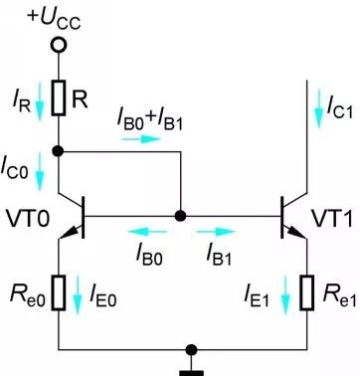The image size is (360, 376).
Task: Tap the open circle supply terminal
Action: [x=59, y=45]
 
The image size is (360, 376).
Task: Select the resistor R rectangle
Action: [x=59, y=97]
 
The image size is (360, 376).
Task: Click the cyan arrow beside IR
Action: [x=40, y=101]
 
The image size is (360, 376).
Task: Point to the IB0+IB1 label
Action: [x=150, y=120]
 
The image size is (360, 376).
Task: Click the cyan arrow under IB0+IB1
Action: [x=141, y=139]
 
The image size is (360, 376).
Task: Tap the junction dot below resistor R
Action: [x=58, y=151]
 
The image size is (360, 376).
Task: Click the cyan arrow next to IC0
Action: [x=40, y=171]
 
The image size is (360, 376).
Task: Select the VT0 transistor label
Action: [x=28, y=220]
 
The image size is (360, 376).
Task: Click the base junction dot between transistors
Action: [x=180, y=216]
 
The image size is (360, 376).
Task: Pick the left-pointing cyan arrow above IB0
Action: [x=147, y=232]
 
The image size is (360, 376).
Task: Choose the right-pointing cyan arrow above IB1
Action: [x=216, y=232]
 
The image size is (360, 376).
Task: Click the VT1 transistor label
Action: [x=331, y=219]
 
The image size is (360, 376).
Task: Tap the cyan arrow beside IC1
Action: [x=318, y=108]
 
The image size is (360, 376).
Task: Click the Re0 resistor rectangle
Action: [x=59, y=292]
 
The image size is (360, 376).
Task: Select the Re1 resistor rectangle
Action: [x=307, y=292]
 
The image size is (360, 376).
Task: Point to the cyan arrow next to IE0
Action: [x=77, y=295]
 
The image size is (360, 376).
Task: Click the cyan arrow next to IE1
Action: [x=285, y=295]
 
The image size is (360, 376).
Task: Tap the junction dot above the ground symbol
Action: [x=191, y=349]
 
